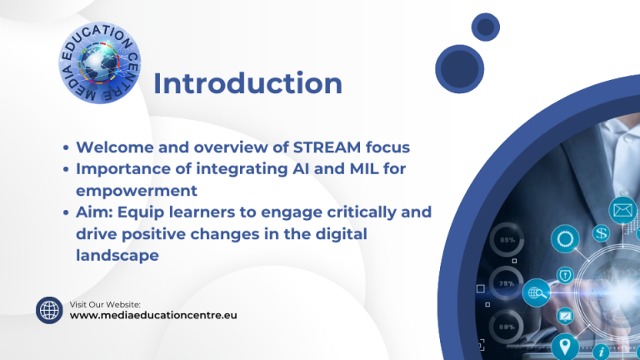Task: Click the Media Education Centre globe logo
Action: pos(100,62)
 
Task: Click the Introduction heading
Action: pos(247,83)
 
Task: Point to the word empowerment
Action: pos(137,191)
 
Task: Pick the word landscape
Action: pos(117,256)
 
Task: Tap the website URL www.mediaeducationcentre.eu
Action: pos(153,316)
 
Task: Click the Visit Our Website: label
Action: pos(105,304)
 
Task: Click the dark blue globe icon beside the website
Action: pos(49,310)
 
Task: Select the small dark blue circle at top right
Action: pos(485,27)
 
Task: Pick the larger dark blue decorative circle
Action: pos(460,69)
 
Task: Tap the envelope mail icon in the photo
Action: pos(622,211)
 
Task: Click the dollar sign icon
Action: pos(601,233)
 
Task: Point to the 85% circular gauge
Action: pos(507,240)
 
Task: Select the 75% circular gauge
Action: pos(506,283)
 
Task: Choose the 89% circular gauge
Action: pos(506,327)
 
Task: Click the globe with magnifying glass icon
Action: pos(537,292)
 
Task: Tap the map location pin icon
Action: pos(565,347)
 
